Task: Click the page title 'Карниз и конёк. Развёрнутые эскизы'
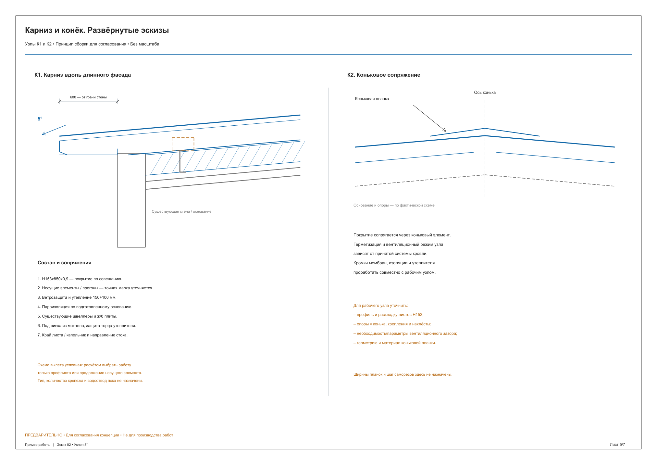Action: pyautogui.click(x=97, y=31)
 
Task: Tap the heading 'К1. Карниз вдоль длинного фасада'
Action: pyautogui.click(x=82, y=75)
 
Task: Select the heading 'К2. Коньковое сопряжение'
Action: pyautogui.click(x=384, y=75)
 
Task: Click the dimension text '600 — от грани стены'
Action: pyautogui.click(x=88, y=97)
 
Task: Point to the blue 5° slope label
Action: pyautogui.click(x=40, y=119)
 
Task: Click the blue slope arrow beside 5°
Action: pyautogui.click(x=54, y=130)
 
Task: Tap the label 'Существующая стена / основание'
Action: pyautogui.click(x=181, y=211)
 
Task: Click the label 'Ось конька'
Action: pyautogui.click(x=485, y=93)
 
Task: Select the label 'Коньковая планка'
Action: pyautogui.click(x=372, y=99)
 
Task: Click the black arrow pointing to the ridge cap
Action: pyautogui.click(x=429, y=118)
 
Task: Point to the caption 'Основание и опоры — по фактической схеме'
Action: pyautogui.click(x=394, y=205)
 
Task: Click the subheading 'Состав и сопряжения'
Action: pyautogui.click(x=64, y=263)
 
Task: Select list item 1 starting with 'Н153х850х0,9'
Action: pyautogui.click(x=80, y=279)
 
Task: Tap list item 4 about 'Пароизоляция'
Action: pyautogui.click(x=85, y=307)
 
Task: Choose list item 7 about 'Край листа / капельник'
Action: pyautogui.click(x=82, y=335)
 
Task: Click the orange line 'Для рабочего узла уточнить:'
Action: pyautogui.click(x=380, y=306)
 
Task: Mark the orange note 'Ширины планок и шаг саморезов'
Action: pyautogui.click(x=403, y=374)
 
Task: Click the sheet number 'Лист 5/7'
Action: pyautogui.click(x=617, y=445)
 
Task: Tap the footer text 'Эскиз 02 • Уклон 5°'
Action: pyautogui.click(x=72, y=445)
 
